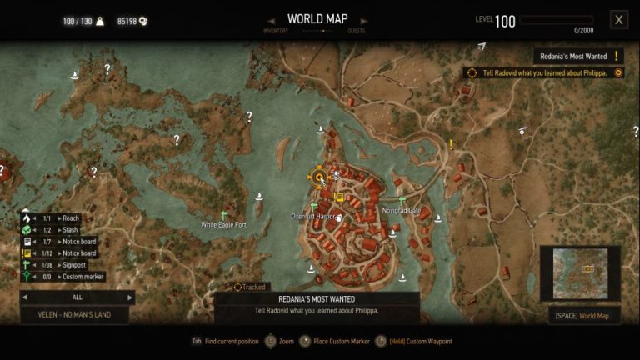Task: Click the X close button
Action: pyautogui.click(x=618, y=19)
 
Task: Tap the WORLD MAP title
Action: pyautogui.click(x=318, y=19)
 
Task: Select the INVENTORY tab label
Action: pyautogui.click(x=277, y=32)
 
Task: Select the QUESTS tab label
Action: pyautogui.click(x=357, y=32)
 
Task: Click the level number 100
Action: pyautogui.click(x=505, y=22)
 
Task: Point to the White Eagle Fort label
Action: pyautogui.click(x=223, y=225)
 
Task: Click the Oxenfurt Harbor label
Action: pyautogui.click(x=313, y=217)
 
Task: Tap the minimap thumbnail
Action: pyautogui.click(x=580, y=272)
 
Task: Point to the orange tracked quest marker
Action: pyautogui.click(x=318, y=177)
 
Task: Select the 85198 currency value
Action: pyautogui.click(x=127, y=21)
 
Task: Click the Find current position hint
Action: pyautogui.click(x=229, y=341)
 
